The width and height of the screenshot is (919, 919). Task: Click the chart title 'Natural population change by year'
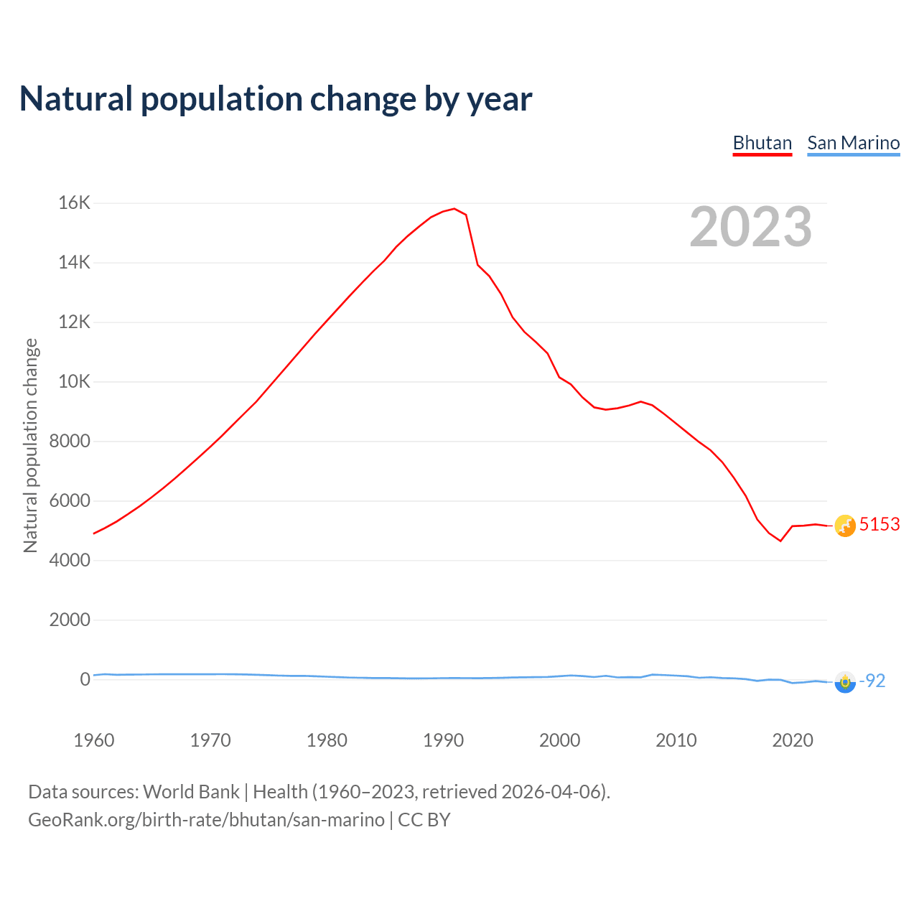276,99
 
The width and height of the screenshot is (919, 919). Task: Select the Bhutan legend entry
762,143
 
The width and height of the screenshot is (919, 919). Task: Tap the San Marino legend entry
853,143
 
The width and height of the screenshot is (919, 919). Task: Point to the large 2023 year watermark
750,227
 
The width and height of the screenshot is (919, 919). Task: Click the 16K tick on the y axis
74,203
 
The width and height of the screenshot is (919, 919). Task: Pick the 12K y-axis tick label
74,322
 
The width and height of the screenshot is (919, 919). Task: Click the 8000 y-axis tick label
70,442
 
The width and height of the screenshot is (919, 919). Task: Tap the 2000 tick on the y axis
70,620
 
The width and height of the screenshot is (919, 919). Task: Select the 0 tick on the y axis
85,679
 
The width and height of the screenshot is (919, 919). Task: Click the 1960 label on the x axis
94,740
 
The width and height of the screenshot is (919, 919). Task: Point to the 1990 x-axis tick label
443,740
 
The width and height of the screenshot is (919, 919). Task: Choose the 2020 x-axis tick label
792,740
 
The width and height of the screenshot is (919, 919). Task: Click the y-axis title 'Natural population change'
31,445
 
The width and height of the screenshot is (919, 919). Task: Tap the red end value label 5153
880,525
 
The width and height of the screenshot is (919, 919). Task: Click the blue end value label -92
873,681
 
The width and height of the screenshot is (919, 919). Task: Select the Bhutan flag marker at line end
845,526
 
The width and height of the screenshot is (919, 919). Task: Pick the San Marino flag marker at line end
845,682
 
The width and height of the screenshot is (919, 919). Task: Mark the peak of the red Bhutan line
454,209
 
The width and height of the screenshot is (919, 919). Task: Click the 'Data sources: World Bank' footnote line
319,792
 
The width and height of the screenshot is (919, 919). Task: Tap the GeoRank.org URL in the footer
206,820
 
